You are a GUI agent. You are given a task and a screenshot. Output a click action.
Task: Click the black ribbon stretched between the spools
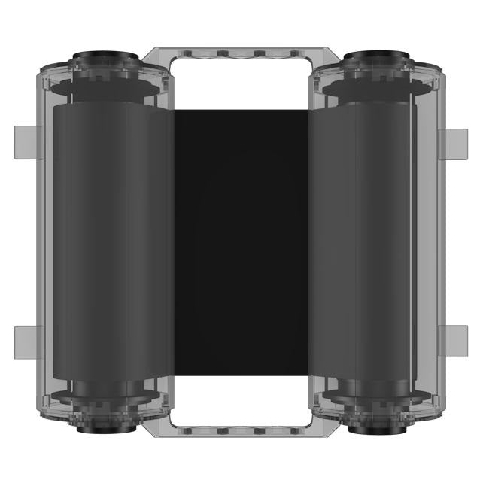(x=242, y=241)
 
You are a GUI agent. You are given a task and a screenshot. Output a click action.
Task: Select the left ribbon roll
(x=109, y=241)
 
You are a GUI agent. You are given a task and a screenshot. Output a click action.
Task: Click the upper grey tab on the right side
(x=456, y=140)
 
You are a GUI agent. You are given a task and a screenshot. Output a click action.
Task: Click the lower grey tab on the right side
(x=456, y=340)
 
